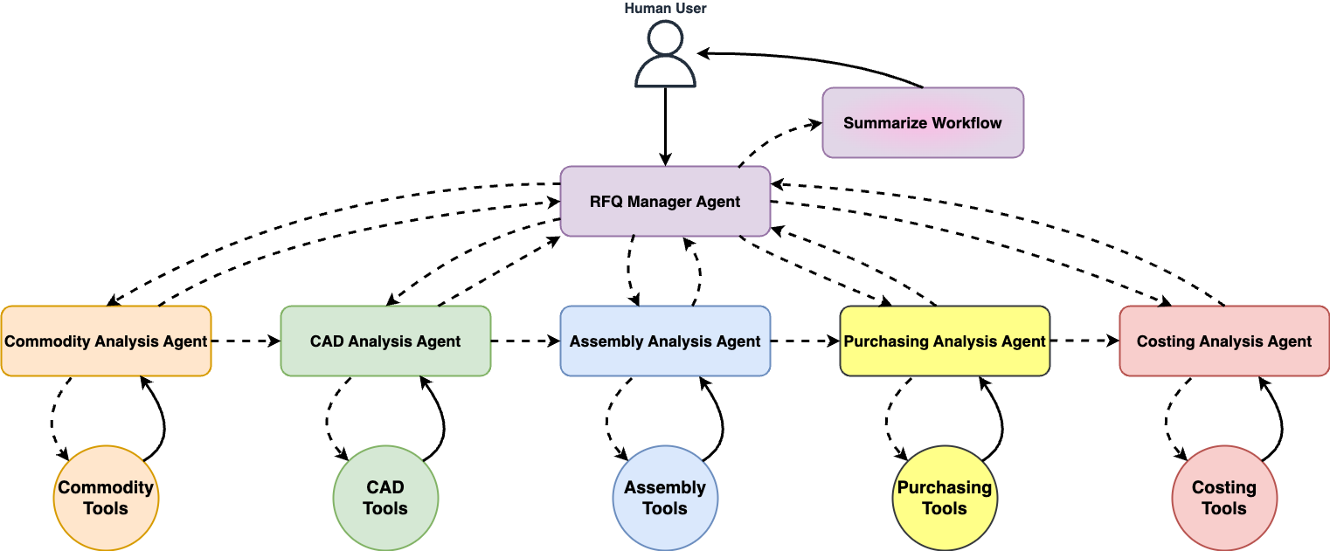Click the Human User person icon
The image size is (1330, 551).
click(x=665, y=55)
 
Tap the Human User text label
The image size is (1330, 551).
click(x=665, y=9)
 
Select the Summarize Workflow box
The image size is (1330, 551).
click(x=923, y=123)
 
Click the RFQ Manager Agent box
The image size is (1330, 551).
click(x=665, y=202)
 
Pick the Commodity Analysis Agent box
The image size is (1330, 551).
click(x=106, y=341)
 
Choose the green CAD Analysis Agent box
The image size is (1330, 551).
click(x=385, y=341)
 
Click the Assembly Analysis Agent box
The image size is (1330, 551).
click(x=665, y=341)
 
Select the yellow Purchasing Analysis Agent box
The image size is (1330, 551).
click(x=945, y=341)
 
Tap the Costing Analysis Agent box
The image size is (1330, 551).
click(x=1224, y=341)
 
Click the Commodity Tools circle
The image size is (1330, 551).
click(x=106, y=499)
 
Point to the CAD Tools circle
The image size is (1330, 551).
click(x=385, y=499)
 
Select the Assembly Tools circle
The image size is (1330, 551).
click(x=665, y=499)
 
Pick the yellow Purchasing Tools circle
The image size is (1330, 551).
click(x=945, y=499)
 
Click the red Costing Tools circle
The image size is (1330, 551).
click(x=1224, y=499)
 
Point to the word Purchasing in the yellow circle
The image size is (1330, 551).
click(x=945, y=488)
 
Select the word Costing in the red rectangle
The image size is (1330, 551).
click(x=1165, y=341)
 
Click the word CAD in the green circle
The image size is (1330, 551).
click(x=385, y=488)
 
